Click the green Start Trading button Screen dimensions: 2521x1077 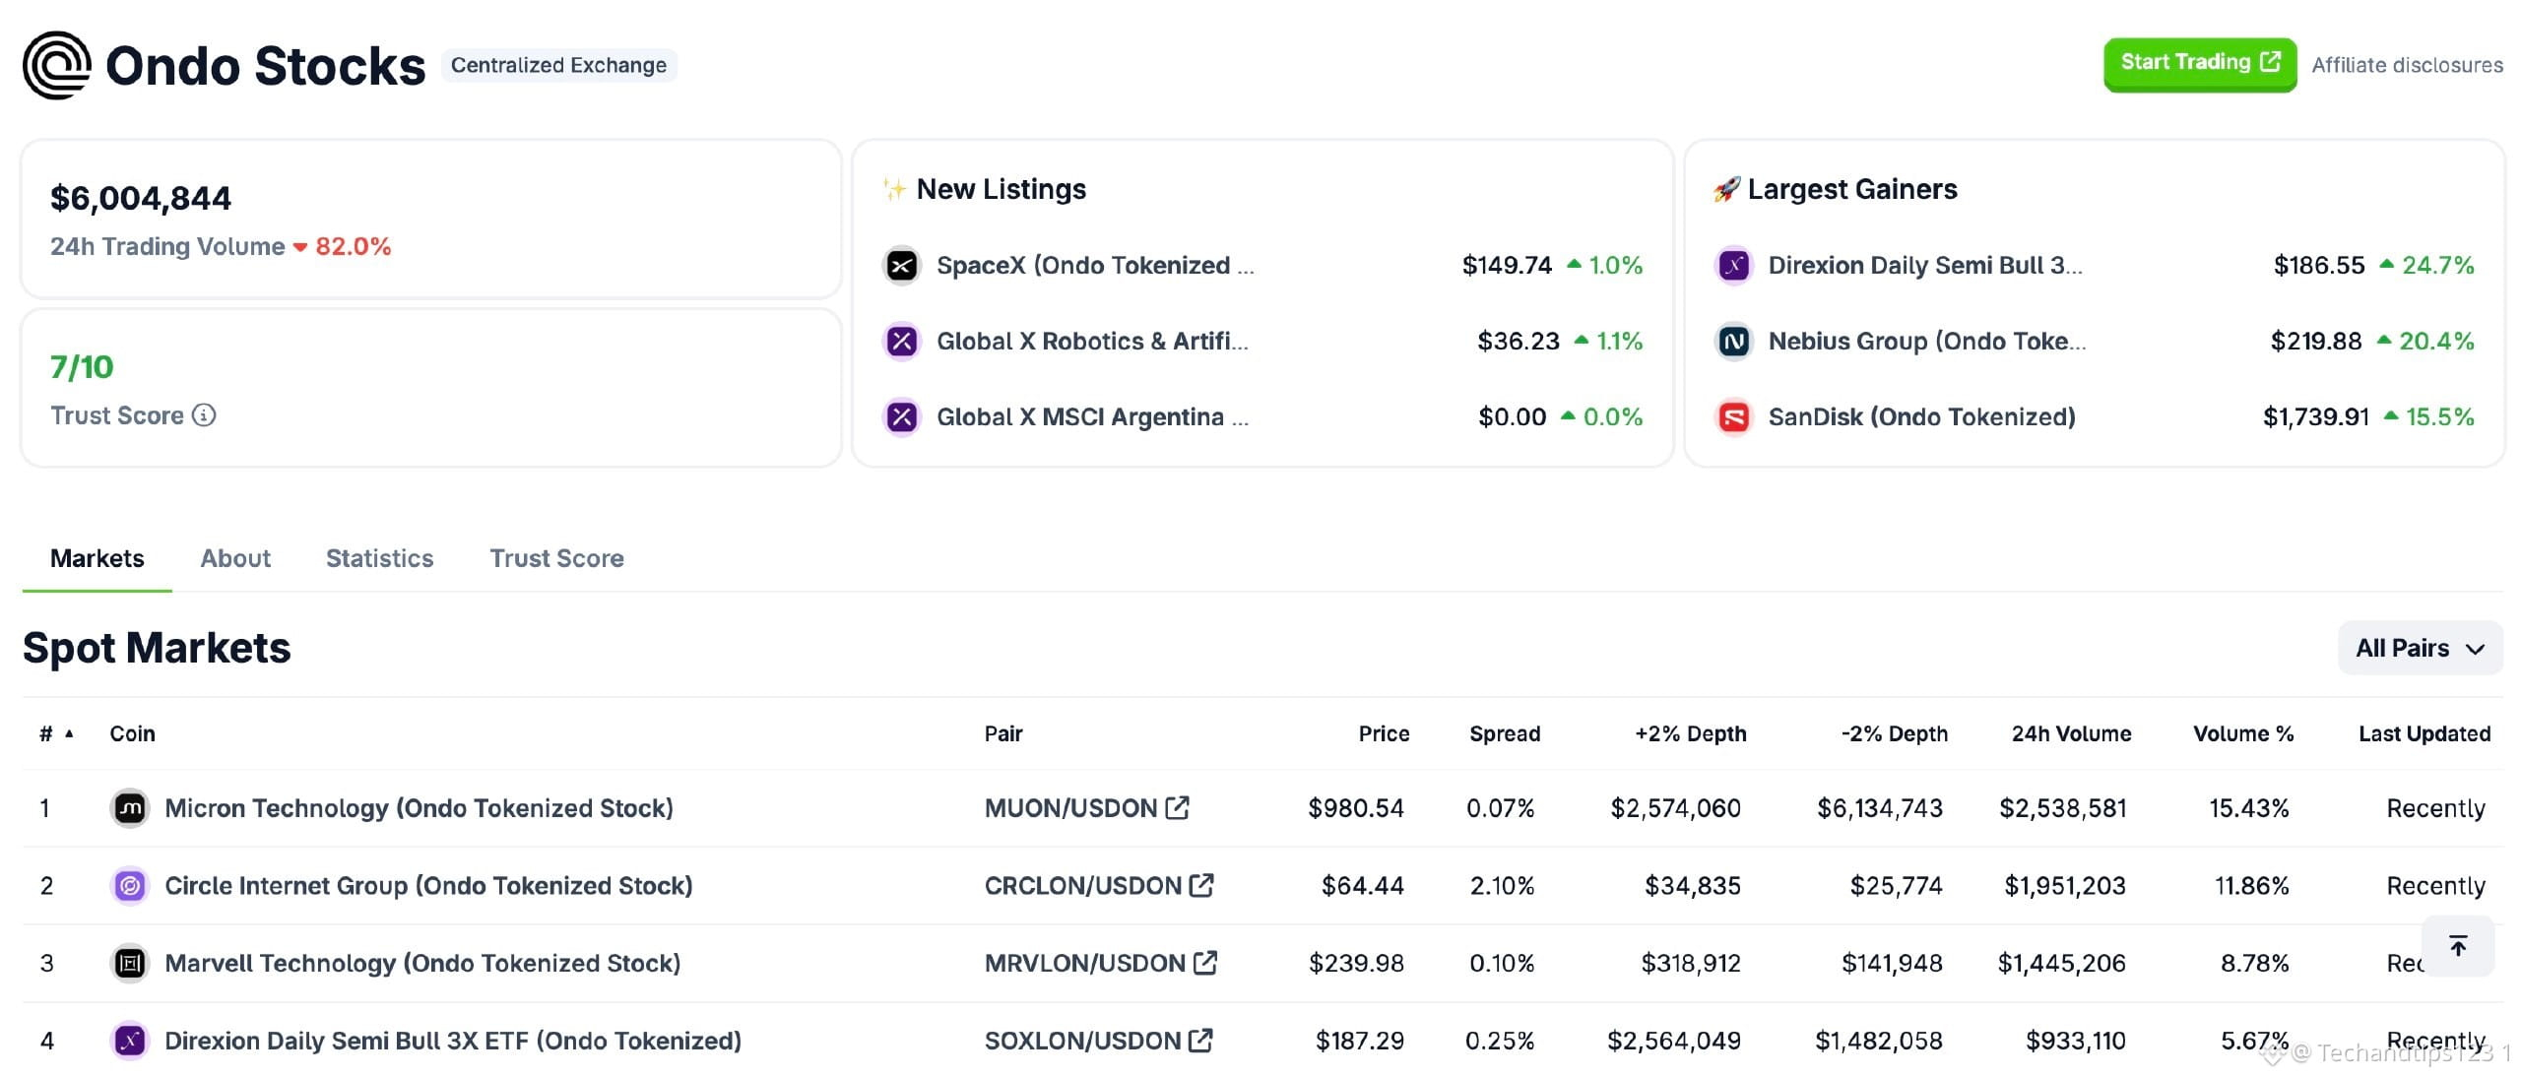(x=2200, y=64)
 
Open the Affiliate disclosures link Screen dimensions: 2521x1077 (x=2407, y=65)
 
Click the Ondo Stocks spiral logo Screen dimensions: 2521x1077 (x=57, y=65)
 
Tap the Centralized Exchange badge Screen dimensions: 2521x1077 (x=558, y=65)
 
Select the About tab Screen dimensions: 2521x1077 (x=235, y=558)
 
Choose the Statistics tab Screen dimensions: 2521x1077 (x=379, y=558)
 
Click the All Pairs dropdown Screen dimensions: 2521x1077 (x=2420, y=648)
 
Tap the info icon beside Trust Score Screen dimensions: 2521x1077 (x=204, y=415)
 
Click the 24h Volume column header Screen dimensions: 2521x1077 (x=2071, y=733)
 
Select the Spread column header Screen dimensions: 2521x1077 (x=1505, y=733)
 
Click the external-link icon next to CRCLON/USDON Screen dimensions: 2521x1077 (x=1201, y=885)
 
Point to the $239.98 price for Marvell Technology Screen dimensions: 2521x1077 (x=1356, y=963)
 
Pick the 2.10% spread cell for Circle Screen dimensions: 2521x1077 (x=1502, y=886)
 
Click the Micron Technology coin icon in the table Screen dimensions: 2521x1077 (x=130, y=808)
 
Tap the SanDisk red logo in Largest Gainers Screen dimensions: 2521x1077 (x=1734, y=417)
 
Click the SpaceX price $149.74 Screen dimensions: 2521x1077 (x=1507, y=265)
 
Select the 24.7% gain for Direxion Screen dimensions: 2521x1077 (x=2437, y=265)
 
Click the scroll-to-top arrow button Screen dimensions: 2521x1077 (x=2458, y=946)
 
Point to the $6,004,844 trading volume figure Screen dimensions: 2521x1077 (x=141, y=199)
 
